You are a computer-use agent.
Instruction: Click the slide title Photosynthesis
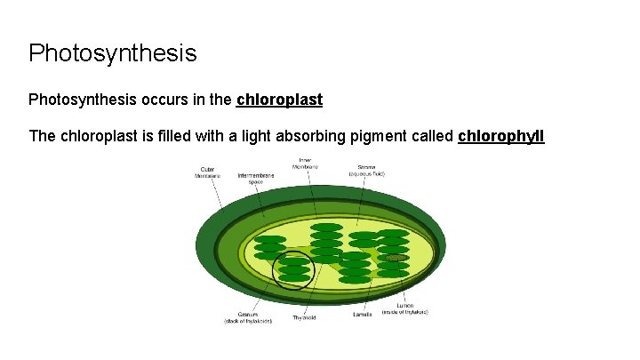[112, 53]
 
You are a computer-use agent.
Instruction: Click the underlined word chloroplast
[279, 100]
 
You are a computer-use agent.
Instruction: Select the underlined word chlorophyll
[500, 136]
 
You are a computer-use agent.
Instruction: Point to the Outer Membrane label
[207, 172]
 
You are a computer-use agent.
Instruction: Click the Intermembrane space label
[256, 179]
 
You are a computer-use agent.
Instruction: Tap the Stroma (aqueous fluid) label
[366, 169]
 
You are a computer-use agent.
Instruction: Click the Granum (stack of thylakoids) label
[248, 317]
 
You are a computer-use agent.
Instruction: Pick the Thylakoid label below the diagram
[304, 316]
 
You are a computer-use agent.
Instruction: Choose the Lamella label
[362, 314]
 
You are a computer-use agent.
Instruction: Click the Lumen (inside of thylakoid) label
[405, 309]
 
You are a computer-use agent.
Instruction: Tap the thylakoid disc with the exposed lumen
[396, 258]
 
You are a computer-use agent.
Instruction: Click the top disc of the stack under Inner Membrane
[326, 228]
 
